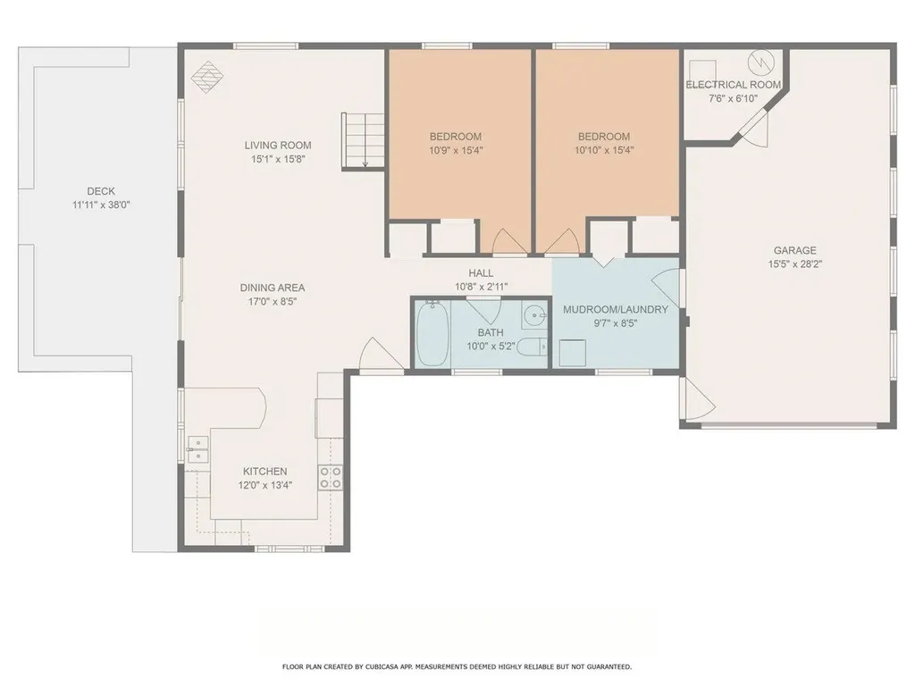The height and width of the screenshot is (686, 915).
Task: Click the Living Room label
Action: [278, 146]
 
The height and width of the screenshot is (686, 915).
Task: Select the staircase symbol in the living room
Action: [363, 140]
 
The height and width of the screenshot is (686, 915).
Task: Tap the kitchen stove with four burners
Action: [330, 477]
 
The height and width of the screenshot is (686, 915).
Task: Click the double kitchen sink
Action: [197, 449]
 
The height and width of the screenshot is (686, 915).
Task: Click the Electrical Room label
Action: [734, 85]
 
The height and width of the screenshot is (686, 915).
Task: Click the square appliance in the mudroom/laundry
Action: [572, 354]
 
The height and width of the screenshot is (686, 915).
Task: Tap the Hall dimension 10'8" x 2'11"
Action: [481, 288]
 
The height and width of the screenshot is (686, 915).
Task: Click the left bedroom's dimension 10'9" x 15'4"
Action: [456, 151]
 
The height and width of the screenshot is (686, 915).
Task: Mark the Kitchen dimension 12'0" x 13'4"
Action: [265, 485]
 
